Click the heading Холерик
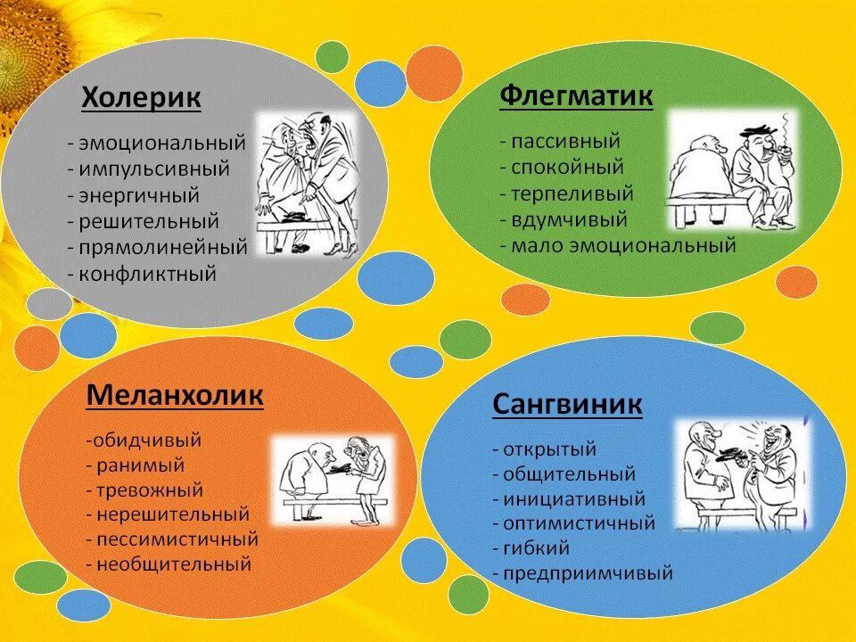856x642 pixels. coord(141,98)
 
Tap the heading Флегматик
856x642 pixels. coord(576,95)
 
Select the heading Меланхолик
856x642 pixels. coord(175,395)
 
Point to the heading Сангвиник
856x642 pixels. coord(567,405)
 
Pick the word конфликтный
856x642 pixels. coord(147,274)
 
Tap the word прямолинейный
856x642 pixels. coord(162,247)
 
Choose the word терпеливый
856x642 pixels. coord(572,193)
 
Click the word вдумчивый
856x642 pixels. coord(569,218)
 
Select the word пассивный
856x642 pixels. coord(565,141)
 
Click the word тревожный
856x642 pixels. coord(151,490)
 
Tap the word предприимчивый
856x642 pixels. coord(588,573)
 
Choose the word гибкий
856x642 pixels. coord(536,548)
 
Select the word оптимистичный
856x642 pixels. coord(579,523)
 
